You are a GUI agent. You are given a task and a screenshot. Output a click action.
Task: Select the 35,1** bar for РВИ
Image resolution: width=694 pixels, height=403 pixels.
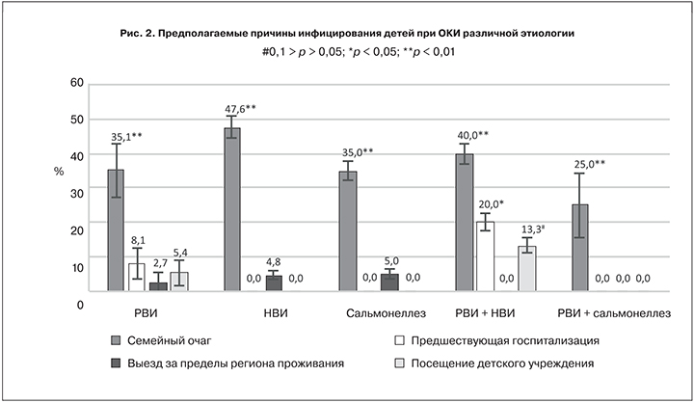116,230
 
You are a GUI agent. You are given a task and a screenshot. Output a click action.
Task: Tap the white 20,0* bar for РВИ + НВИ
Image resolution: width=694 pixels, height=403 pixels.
486,256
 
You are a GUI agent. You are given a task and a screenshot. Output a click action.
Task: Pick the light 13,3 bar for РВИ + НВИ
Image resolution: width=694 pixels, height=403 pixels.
526,268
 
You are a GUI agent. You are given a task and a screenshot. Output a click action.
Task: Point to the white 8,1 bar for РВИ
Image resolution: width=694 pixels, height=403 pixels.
137,277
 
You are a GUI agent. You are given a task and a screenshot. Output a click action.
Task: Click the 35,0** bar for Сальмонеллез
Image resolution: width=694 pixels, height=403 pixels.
348,231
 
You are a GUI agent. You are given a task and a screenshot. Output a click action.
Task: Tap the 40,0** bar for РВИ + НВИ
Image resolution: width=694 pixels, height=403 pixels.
465,222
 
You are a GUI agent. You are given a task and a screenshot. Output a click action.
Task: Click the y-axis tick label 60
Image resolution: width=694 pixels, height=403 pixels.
76,82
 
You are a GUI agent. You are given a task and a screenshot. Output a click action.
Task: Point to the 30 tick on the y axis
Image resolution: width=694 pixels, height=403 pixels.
76,193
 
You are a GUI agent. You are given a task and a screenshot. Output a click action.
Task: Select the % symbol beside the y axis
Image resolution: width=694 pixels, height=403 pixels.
59,171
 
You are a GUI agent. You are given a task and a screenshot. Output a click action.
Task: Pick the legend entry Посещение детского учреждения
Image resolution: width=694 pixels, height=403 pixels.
501,363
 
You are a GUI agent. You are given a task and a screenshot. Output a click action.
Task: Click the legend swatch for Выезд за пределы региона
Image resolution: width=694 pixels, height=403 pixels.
115,363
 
